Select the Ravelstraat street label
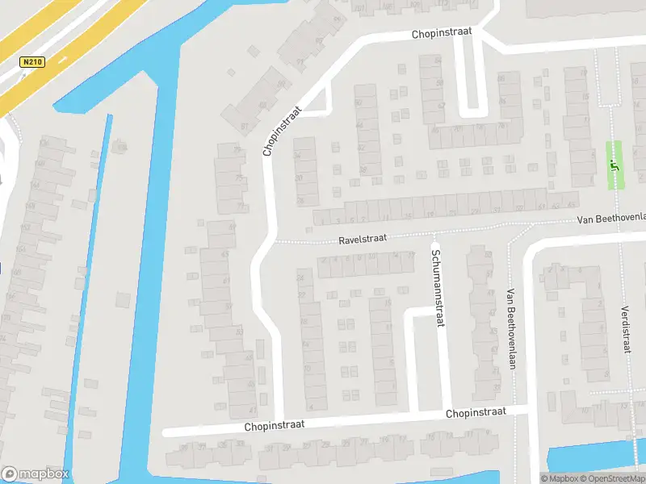click(363, 239)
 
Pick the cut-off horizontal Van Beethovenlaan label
click(612, 219)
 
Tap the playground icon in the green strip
click(614, 166)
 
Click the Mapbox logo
click(36, 474)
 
